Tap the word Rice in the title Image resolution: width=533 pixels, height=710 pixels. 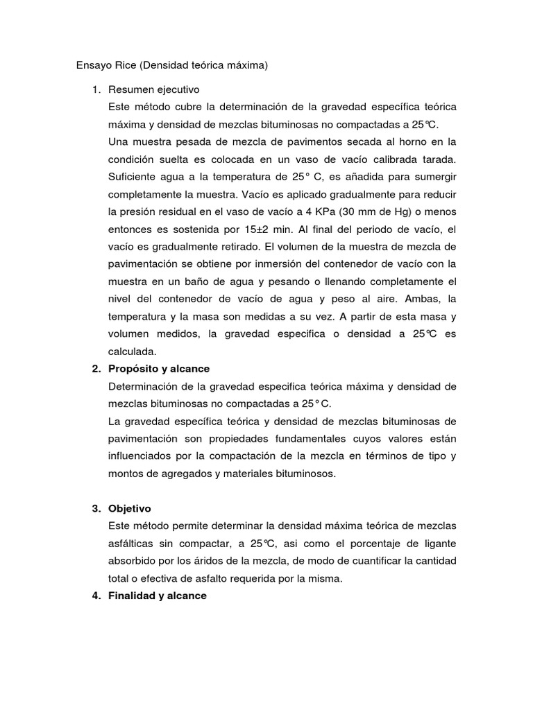128,66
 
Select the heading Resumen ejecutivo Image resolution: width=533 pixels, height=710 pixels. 153,89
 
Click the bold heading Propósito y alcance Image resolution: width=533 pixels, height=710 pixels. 158,369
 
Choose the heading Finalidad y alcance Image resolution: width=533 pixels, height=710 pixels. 157,596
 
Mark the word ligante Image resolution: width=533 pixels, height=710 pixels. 438,543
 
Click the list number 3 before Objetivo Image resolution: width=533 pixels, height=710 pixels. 96,508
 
